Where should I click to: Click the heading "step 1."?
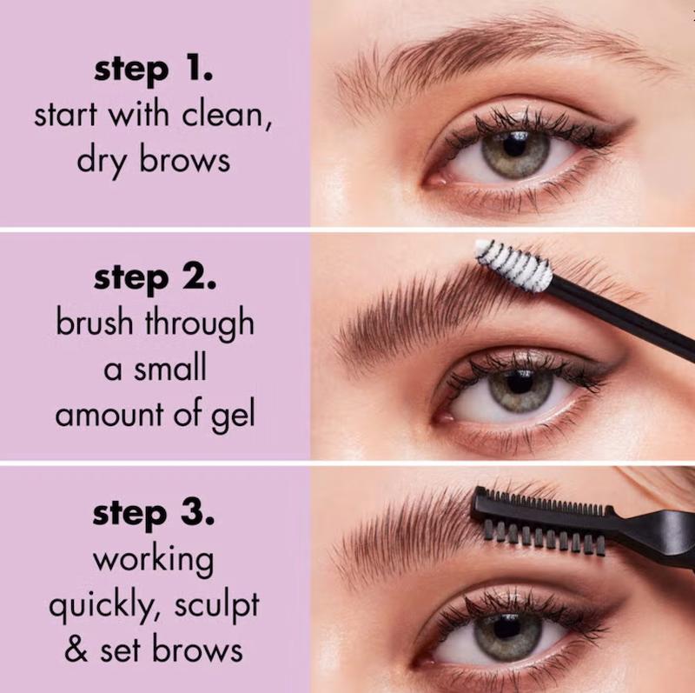click(x=154, y=71)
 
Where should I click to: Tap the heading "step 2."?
click(x=156, y=279)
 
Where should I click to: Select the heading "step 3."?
click(x=154, y=515)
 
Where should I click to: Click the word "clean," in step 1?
click(x=227, y=116)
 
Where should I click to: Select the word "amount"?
click(x=109, y=416)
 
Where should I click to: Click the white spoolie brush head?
click(x=514, y=265)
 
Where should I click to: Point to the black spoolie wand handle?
click(x=619, y=317)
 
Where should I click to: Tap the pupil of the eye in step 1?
click(x=516, y=144)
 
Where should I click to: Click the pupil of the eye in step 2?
click(x=520, y=383)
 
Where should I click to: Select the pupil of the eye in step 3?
click(x=506, y=626)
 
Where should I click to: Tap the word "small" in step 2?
click(x=169, y=368)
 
